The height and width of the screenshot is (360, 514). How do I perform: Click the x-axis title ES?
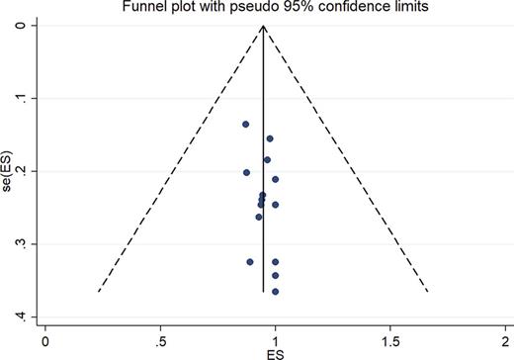275,354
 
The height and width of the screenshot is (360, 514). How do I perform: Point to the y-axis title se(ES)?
7,171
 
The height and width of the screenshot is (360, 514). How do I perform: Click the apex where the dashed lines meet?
263,26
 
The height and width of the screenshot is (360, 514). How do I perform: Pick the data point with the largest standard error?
276,292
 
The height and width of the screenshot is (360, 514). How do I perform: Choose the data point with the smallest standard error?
245,124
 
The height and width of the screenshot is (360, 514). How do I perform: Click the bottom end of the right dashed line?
427,292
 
